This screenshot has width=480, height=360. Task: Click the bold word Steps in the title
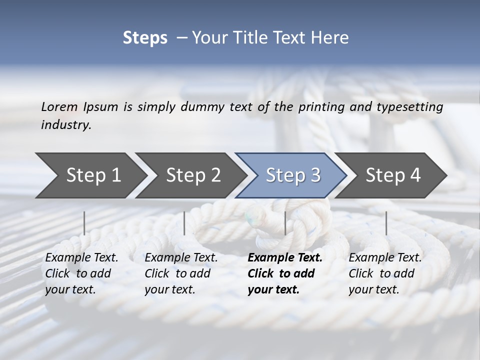(145, 38)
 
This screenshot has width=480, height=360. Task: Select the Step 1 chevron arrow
(90, 175)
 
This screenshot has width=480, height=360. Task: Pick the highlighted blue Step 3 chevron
(292, 175)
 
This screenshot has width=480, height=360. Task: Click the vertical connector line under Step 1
(84, 223)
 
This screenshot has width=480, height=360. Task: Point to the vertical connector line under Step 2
(184, 223)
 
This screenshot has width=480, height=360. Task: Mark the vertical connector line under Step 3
(285, 223)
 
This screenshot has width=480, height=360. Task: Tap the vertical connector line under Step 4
(386, 223)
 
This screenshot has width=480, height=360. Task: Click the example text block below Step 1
(81, 273)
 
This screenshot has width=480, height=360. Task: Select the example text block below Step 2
(181, 273)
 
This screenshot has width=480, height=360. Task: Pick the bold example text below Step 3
(284, 273)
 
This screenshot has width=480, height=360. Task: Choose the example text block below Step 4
(385, 273)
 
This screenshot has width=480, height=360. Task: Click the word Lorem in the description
(59, 106)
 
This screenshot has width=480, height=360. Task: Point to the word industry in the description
(66, 125)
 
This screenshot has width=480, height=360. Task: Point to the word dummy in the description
(207, 107)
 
